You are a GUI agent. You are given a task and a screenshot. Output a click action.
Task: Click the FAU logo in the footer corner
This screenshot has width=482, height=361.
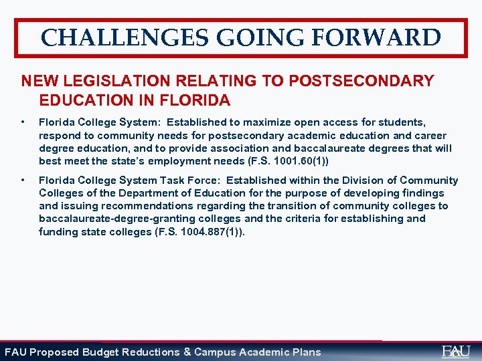[456, 351]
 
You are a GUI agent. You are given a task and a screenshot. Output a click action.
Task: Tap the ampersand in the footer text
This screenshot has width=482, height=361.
[187, 352]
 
